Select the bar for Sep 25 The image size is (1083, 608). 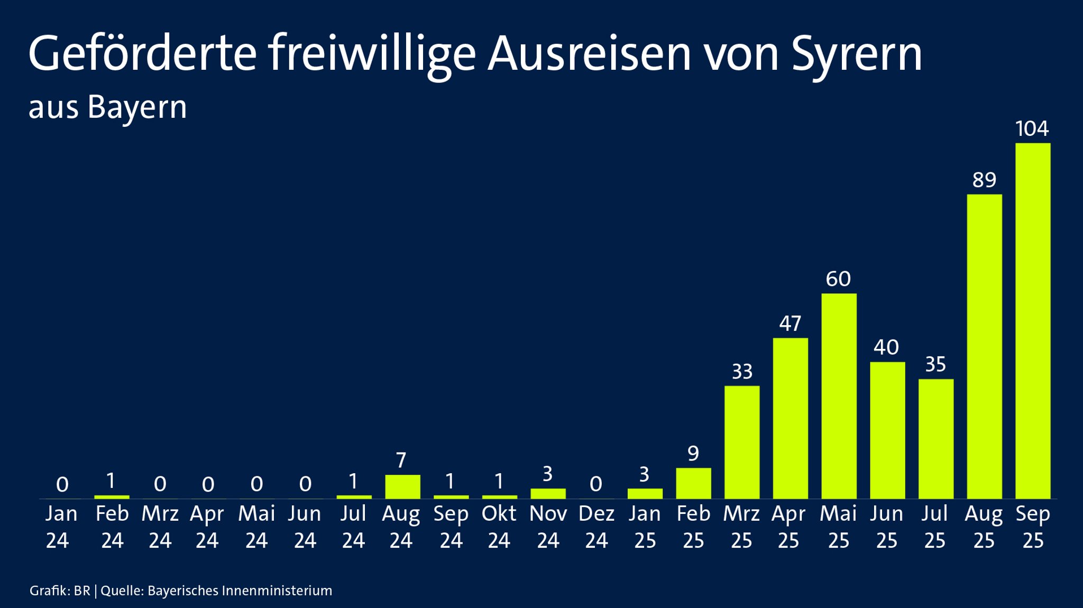(x=1033, y=321)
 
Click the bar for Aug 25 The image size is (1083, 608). (x=984, y=346)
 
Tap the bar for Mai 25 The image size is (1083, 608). (x=839, y=396)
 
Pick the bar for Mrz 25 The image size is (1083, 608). (x=742, y=442)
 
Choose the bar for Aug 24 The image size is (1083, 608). (x=402, y=486)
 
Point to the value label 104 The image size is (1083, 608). (x=1032, y=128)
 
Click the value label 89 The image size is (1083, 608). (x=984, y=180)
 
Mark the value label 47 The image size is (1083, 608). (x=790, y=324)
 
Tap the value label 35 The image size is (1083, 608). (x=935, y=364)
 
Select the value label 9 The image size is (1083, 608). (x=693, y=454)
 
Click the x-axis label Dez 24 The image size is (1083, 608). (x=596, y=527)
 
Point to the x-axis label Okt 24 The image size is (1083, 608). (x=499, y=527)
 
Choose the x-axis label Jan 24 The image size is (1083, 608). (x=61, y=527)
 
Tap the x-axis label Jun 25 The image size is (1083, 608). (x=887, y=527)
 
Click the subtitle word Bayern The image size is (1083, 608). (x=137, y=108)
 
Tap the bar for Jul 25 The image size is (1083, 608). (x=935, y=439)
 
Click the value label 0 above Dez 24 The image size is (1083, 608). (x=595, y=484)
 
